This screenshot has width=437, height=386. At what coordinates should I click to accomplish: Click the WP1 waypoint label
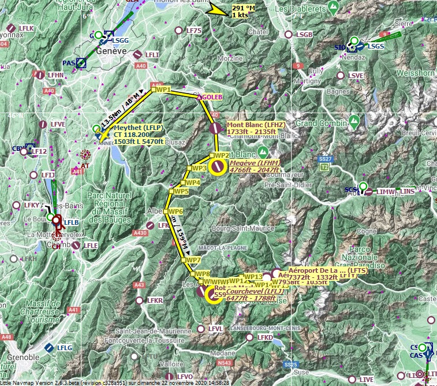pyautogui.click(x=165, y=90)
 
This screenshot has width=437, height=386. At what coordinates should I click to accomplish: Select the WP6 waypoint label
pyautogui.click(x=176, y=211)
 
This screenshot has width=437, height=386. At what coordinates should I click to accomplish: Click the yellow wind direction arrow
pyautogui.click(x=219, y=10)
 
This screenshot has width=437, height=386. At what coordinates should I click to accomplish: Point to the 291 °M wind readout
pyautogui.click(x=243, y=8)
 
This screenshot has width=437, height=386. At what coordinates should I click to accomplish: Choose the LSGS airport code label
pyautogui.click(x=376, y=46)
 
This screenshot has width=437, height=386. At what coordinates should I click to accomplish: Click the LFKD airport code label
pyautogui.click(x=265, y=337)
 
